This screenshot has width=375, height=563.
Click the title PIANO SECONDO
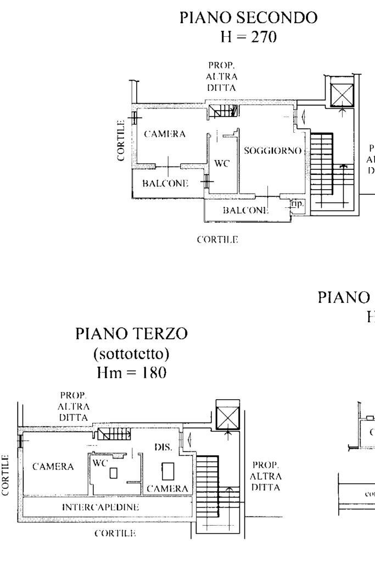[x=249, y=18]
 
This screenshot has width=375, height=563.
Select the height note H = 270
[x=249, y=37]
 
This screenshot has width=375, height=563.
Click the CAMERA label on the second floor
[x=165, y=134]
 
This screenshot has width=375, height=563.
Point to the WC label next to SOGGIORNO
[x=221, y=163]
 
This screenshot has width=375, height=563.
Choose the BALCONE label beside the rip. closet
[x=245, y=210]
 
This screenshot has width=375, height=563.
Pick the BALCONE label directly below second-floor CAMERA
[x=165, y=184]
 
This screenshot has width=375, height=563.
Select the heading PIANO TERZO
[x=132, y=333]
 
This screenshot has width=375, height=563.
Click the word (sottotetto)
[x=132, y=353]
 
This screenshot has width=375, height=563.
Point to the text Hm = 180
[x=132, y=373]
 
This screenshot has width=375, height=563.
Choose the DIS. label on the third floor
[x=164, y=448]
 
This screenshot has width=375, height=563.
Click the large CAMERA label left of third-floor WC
[x=53, y=467]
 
